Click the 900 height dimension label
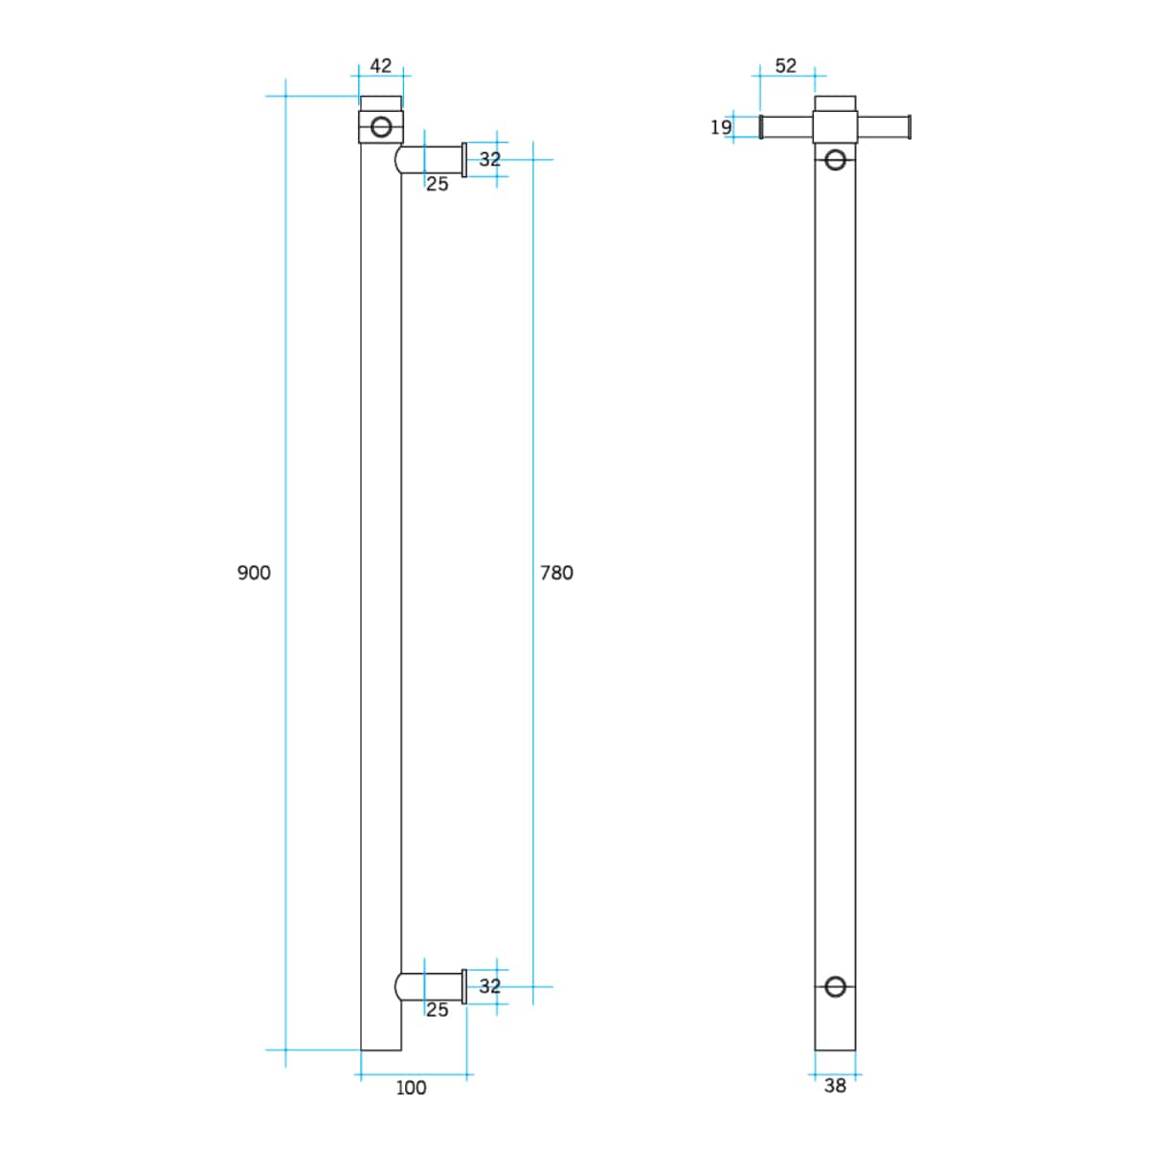(x=254, y=573)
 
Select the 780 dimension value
(x=556, y=573)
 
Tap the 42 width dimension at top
(x=381, y=66)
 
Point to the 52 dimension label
(x=785, y=66)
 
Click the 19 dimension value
(x=721, y=127)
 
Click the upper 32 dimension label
(x=489, y=159)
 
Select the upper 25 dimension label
(x=437, y=184)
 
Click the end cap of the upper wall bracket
(x=464, y=160)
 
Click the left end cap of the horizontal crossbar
(x=761, y=127)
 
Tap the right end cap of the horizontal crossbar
(x=909, y=127)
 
